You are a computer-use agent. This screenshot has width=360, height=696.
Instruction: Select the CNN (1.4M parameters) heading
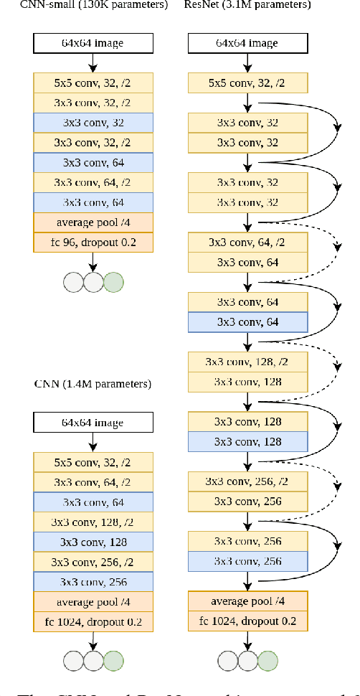point(93,384)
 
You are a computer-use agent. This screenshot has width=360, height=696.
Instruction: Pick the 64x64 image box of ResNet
point(247,43)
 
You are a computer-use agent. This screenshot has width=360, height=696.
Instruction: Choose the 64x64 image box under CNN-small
point(93,43)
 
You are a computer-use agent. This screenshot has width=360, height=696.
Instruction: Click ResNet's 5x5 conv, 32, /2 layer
point(247,83)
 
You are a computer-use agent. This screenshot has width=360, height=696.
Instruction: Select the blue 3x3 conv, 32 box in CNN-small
point(93,123)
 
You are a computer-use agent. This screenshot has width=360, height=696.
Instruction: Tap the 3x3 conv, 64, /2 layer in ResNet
point(247,243)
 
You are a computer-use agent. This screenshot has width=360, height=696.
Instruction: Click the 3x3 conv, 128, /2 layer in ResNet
point(247,361)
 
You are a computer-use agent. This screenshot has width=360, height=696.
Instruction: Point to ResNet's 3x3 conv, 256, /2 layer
point(247,481)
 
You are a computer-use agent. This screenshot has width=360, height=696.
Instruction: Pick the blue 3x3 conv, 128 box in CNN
point(93,542)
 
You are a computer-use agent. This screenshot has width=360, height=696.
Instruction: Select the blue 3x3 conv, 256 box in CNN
point(93,582)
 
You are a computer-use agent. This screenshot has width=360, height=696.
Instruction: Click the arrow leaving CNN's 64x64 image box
point(93,441)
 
